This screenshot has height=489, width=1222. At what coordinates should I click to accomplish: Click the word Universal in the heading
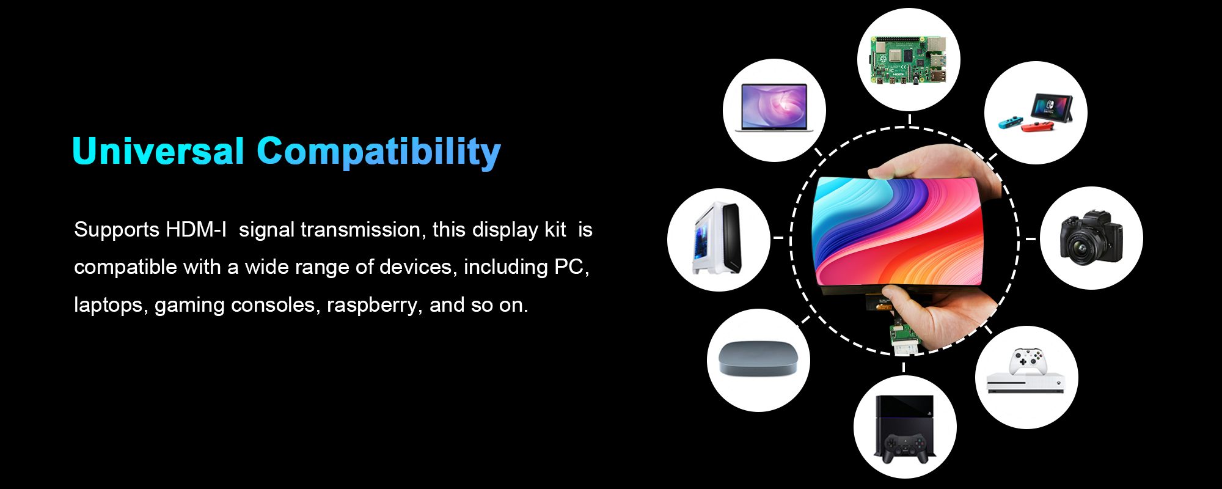[x=158, y=151]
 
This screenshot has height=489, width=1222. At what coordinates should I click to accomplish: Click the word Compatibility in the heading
[x=379, y=152]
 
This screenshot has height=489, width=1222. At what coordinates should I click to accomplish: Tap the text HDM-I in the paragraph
[x=196, y=230]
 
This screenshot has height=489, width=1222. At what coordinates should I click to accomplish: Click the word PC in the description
[x=571, y=267]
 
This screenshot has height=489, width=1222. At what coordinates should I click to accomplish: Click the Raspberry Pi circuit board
[x=909, y=60]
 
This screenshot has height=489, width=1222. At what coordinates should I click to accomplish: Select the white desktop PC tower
[x=717, y=239]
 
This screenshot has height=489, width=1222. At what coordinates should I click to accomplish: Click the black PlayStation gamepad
[x=905, y=448]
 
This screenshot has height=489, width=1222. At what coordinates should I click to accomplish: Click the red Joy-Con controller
[x=1037, y=127]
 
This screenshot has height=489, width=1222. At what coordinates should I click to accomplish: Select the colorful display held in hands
[x=897, y=231]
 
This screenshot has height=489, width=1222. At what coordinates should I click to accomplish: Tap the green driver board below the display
[x=904, y=334]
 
